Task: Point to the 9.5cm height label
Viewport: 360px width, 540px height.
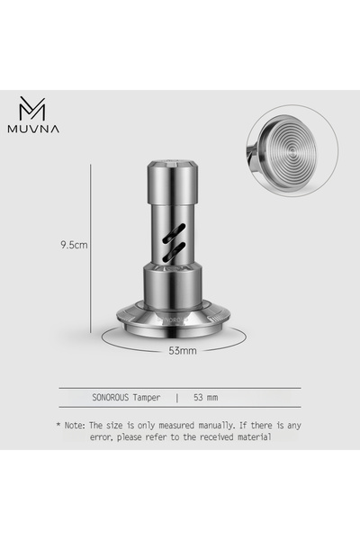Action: pyautogui.click(x=74, y=244)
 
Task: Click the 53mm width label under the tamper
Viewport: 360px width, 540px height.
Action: pyautogui.click(x=182, y=350)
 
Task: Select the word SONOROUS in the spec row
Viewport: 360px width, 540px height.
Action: pyautogui.click(x=114, y=396)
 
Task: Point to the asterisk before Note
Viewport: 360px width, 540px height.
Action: pyautogui.click(x=58, y=423)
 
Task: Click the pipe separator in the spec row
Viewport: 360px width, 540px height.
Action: pyautogui.click(x=177, y=396)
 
